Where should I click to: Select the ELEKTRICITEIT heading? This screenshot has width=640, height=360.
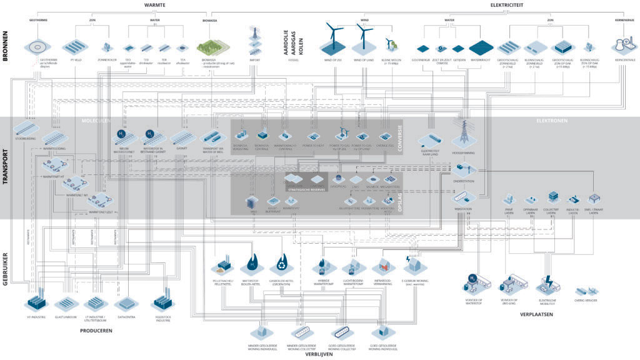pos(507,5)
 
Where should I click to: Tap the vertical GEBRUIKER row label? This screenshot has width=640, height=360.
pos(6,268)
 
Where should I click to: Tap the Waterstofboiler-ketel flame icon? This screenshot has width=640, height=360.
pos(251,262)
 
